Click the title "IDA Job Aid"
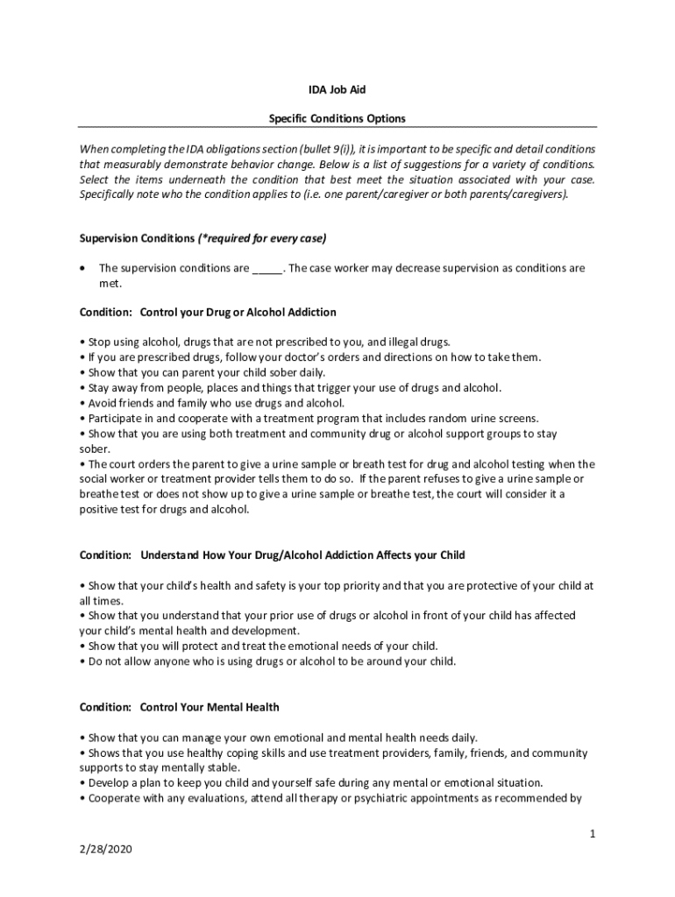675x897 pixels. pyautogui.click(x=337, y=89)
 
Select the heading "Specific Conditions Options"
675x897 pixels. pyautogui.click(x=337, y=117)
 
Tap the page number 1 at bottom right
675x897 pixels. pyautogui.click(x=593, y=833)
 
